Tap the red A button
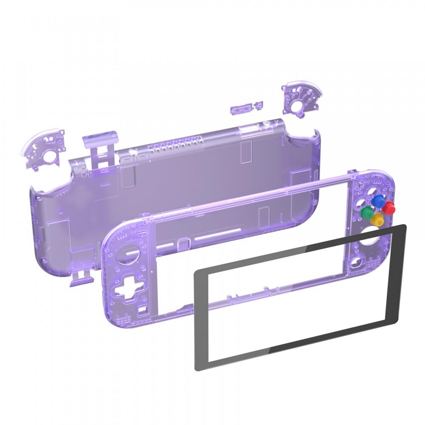388,208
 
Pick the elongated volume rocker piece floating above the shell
238,110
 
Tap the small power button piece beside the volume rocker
258,105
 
